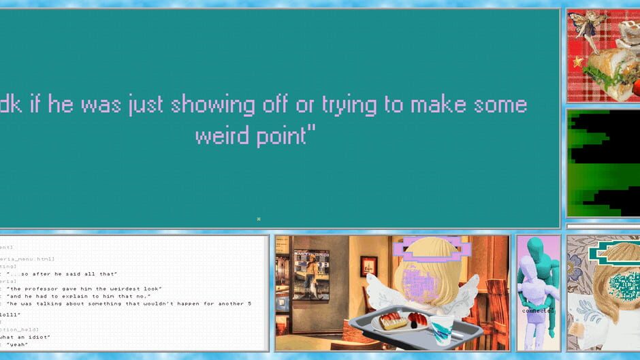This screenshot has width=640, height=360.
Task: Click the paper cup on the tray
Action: tap(441, 330)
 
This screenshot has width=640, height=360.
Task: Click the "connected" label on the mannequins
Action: tap(538, 311)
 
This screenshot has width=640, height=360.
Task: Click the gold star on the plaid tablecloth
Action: tap(579, 62)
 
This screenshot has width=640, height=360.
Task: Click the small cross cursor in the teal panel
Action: tap(259, 218)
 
